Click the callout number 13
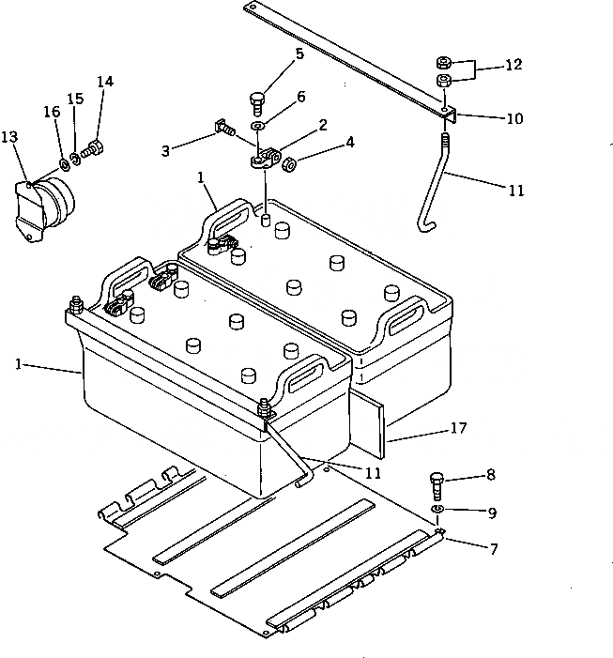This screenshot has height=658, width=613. pos(9,137)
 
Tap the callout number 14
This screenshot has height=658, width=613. pos(104,82)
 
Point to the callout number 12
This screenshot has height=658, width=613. pos(513,66)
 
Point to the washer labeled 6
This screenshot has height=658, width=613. pos(259,125)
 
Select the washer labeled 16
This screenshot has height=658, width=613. pos(62,165)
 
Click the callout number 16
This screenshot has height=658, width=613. pos(53,113)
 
